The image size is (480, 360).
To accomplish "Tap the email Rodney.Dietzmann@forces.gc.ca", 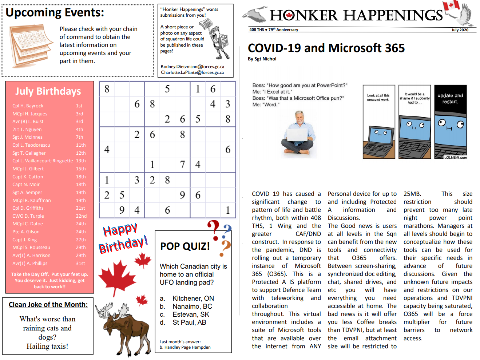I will [192, 67].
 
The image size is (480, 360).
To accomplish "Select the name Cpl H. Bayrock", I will [28, 106].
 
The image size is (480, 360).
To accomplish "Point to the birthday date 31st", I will [80, 264].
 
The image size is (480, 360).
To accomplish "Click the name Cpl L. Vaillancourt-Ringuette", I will [43, 161].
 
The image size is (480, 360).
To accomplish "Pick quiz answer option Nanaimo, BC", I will [192, 306].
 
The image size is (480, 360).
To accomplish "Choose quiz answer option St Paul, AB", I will [189, 323].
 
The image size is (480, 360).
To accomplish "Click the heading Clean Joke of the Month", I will [48, 305].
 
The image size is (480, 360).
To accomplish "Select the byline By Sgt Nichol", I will [262, 59].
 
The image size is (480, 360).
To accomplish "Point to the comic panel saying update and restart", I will [450, 122].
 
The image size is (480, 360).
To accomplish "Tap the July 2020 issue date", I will [460, 30].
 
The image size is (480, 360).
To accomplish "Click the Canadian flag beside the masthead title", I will [451, 5].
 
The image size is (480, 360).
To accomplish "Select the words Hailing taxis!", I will [47, 347].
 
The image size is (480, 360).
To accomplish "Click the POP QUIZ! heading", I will [185, 246].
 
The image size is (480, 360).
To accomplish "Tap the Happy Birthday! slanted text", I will [123, 238].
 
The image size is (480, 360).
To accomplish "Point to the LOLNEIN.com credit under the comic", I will [455, 158].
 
